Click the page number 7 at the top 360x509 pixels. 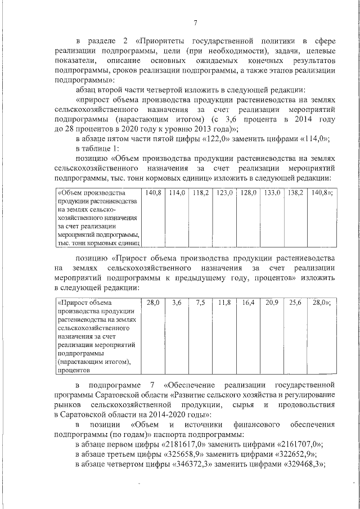195,22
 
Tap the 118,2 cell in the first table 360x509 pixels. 200,193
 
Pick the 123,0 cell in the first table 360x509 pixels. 224,193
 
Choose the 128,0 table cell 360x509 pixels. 248,193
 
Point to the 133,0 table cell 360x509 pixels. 272,193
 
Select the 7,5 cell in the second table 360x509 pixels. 200,303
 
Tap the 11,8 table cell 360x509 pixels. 224,303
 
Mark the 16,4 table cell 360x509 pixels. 248,303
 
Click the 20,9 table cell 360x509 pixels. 272,303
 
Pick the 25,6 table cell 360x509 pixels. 295,303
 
